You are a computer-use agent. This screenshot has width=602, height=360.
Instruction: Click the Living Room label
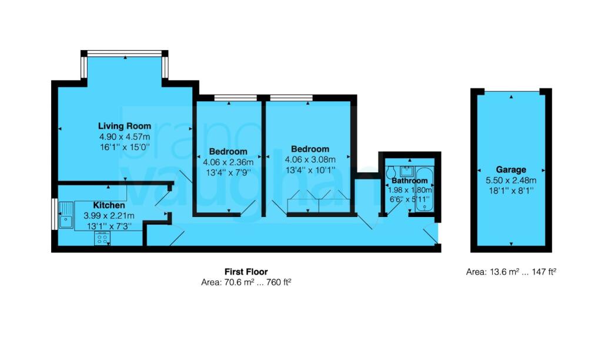[124, 126]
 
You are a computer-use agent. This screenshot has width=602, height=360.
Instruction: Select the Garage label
[510, 169]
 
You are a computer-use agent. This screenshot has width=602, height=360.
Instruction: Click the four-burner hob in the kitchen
[102, 238]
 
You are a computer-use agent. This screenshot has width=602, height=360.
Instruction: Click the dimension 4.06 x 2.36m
[228, 162]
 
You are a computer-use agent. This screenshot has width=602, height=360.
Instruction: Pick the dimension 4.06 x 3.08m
[310, 159]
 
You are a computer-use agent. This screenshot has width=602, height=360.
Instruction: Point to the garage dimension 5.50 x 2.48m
[510, 180]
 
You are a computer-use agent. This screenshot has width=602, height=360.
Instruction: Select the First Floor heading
[246, 272]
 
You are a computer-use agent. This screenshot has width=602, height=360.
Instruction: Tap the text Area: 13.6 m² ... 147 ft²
[511, 272]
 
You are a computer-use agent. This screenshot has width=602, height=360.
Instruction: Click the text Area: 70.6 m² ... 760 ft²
[246, 282]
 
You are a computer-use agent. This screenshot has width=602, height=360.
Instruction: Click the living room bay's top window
[125, 54]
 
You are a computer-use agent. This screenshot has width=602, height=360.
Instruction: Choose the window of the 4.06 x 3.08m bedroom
[291, 97]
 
